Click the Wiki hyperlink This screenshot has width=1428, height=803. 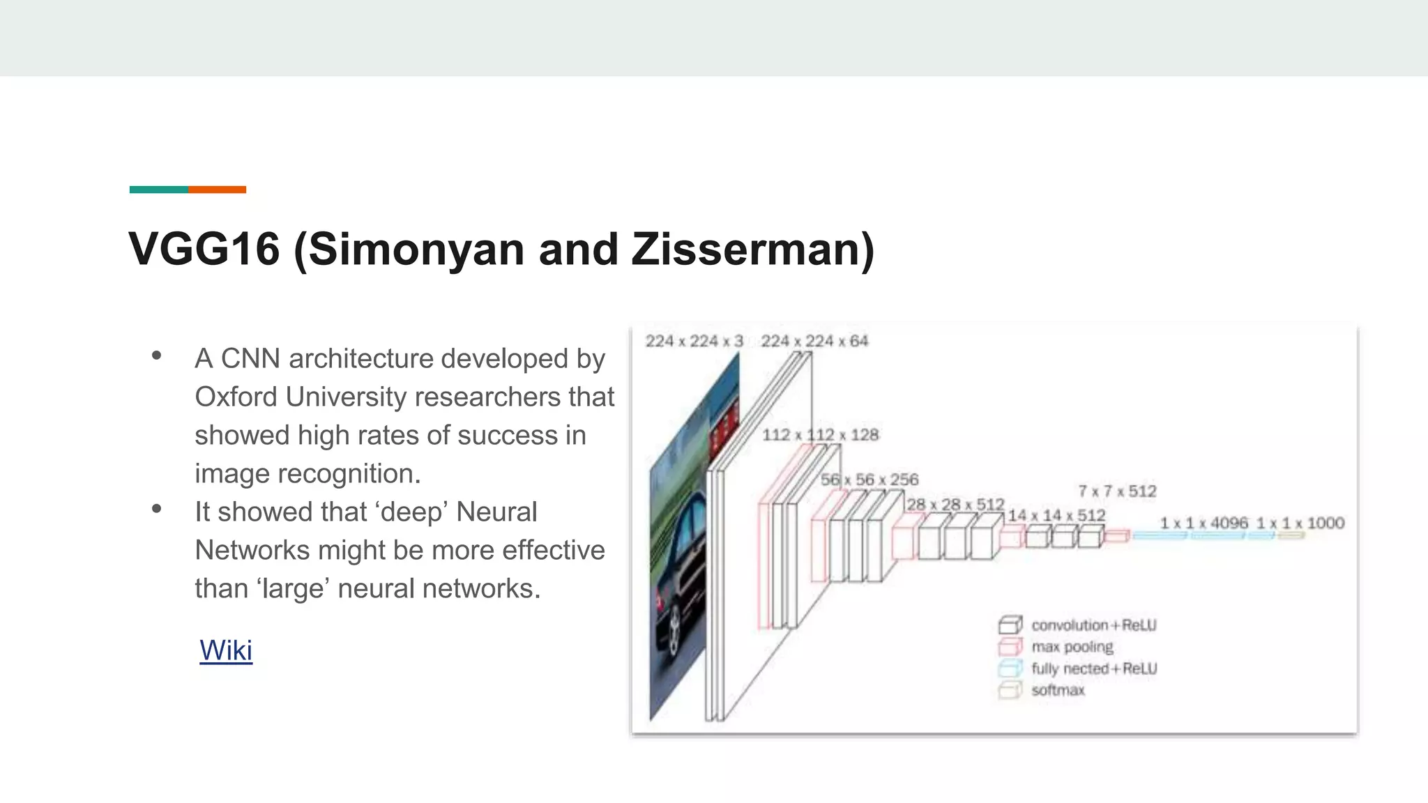point(226,650)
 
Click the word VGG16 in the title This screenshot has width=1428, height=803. point(204,249)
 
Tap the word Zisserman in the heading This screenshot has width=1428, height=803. point(745,249)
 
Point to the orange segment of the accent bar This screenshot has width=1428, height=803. point(217,190)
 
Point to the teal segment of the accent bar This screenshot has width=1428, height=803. point(159,190)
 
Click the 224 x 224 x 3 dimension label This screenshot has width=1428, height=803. point(694,341)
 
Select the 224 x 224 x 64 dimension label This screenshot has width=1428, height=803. point(814,341)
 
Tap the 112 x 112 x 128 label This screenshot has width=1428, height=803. point(820,435)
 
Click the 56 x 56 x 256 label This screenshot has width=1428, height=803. point(869,480)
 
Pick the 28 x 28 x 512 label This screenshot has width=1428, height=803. point(955,504)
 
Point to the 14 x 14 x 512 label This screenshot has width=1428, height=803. point(1056,515)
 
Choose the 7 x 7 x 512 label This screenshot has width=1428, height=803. point(1117,491)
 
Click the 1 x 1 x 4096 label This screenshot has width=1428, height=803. point(1203,523)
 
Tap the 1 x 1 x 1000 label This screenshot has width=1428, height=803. point(1300,523)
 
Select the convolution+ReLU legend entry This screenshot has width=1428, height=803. point(1093,625)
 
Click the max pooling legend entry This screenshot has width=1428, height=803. point(1072,647)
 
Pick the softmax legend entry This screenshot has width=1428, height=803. point(1058,690)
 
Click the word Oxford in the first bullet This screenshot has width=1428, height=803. point(236,397)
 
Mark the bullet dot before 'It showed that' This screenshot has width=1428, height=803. point(157,510)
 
